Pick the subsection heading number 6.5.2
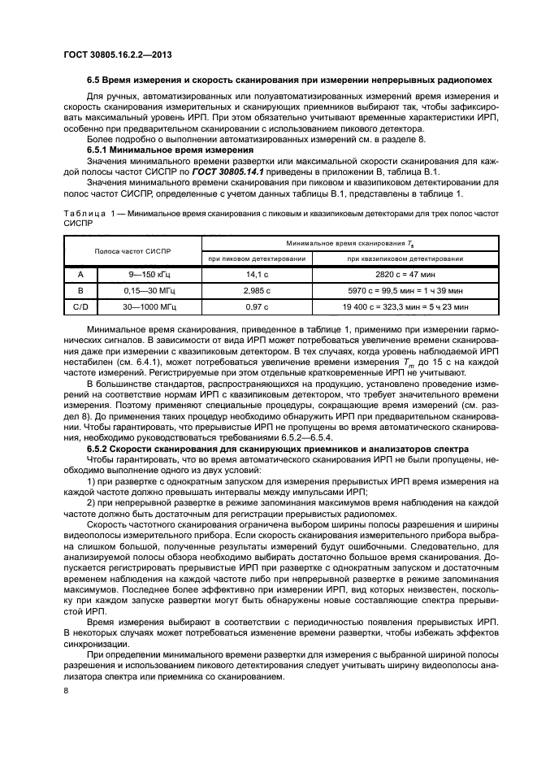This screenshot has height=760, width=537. coord(100,448)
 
